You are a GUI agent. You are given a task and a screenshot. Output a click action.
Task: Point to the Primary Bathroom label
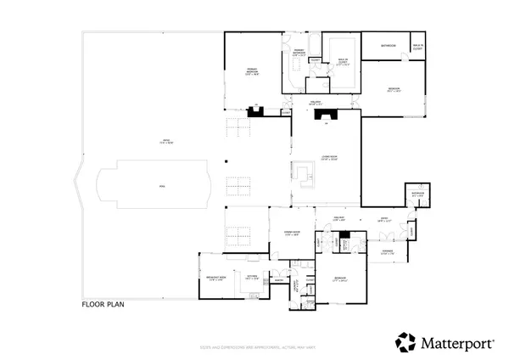click(299, 52)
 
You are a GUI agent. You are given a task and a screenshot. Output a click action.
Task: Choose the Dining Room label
click(291, 234)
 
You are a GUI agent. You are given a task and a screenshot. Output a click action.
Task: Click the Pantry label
click(276, 282)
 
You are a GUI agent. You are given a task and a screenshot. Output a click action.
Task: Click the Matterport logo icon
click(405, 343)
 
